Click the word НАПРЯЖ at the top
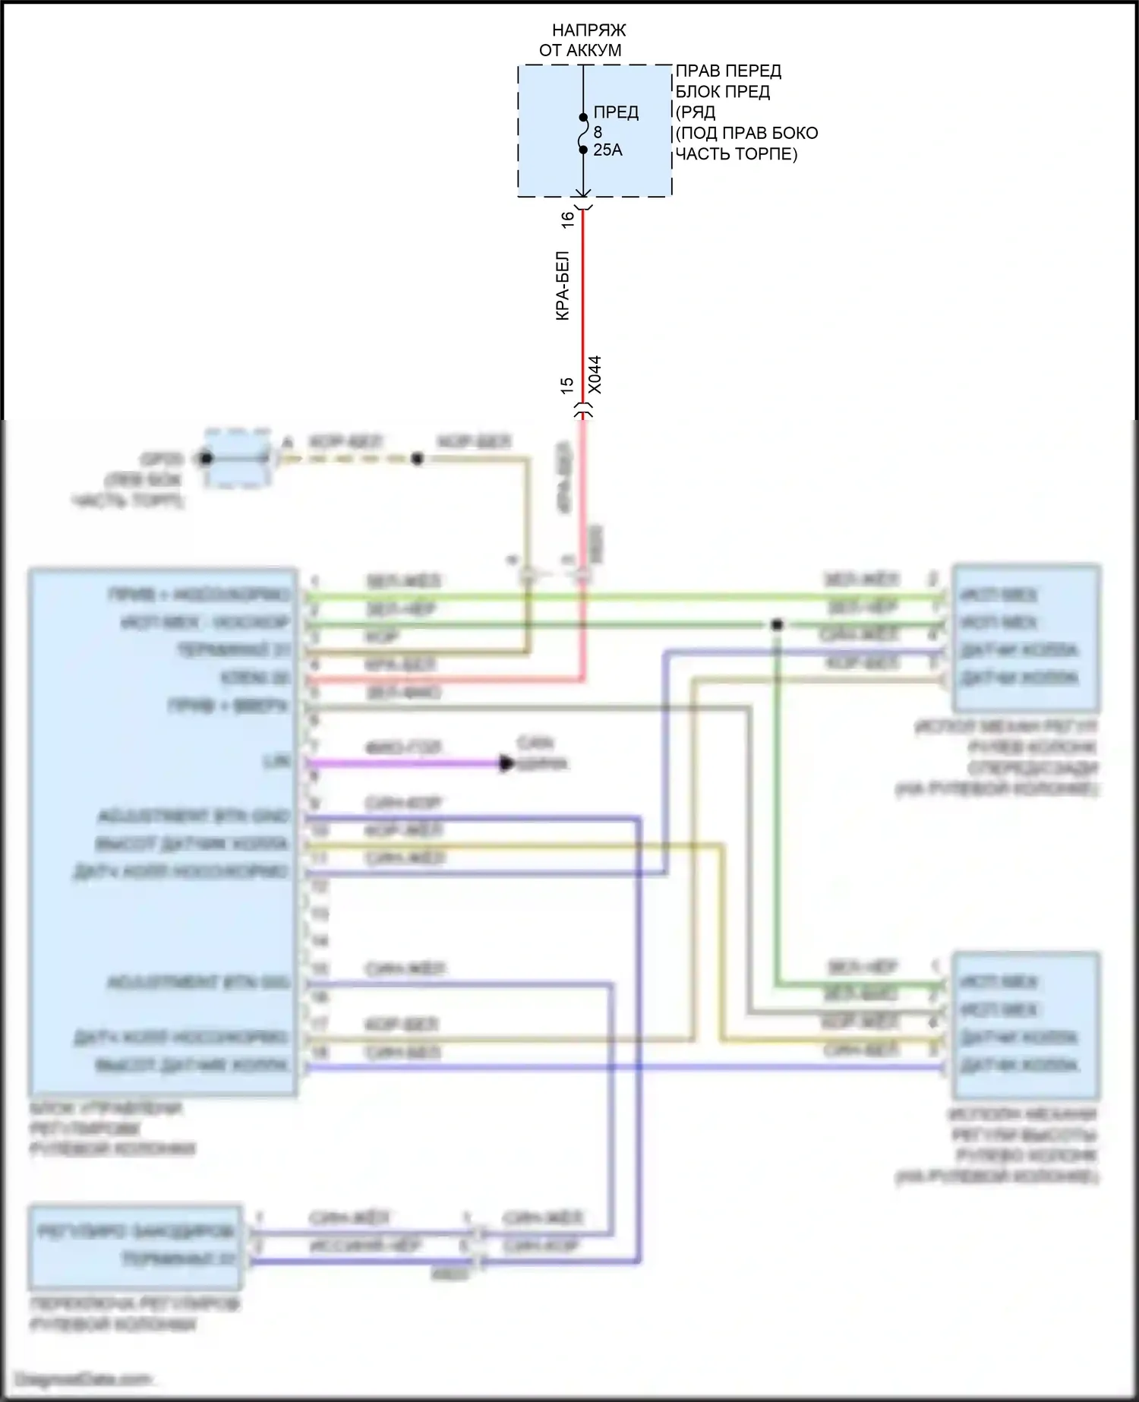click(588, 30)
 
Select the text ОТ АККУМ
click(580, 51)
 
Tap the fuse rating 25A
click(607, 150)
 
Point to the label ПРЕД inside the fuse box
click(616, 112)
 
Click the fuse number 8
click(598, 132)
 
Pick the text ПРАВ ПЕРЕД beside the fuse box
click(728, 71)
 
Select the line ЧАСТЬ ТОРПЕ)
click(736, 154)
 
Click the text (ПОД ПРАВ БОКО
click(746, 134)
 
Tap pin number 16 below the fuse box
click(567, 220)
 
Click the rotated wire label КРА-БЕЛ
click(563, 286)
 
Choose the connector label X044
click(595, 374)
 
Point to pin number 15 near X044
click(567, 385)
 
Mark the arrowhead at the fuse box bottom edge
click(583, 194)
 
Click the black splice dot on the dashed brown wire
click(417, 459)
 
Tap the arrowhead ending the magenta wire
click(506, 763)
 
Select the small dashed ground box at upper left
click(238, 459)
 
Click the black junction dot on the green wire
click(777, 625)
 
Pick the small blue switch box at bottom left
click(135, 1247)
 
